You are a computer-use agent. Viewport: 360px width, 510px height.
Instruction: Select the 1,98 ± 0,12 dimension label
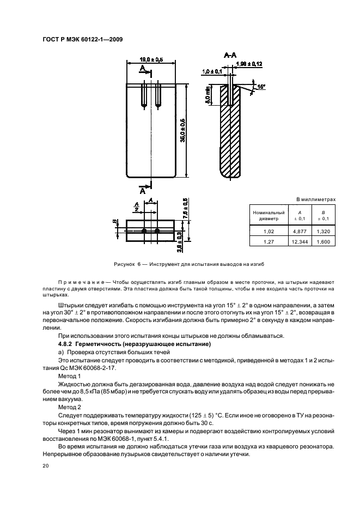(250, 64)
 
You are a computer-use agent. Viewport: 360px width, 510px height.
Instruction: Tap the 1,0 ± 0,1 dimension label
(212, 71)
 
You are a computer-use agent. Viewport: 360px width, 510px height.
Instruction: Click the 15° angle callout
(261, 87)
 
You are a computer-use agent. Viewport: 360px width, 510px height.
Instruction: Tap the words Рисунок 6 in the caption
(127, 264)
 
